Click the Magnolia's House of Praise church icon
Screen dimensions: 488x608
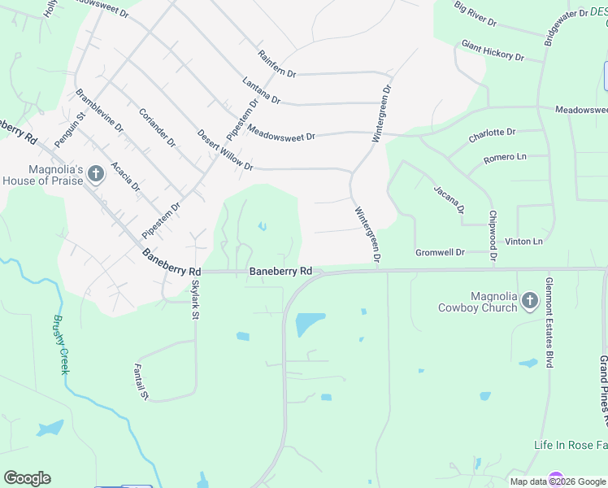pos(96,173)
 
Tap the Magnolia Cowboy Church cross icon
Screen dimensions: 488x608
pos(529,301)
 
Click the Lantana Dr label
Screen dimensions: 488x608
pos(261,90)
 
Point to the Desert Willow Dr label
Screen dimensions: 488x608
pos(225,150)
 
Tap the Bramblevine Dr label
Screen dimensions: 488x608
pos(99,111)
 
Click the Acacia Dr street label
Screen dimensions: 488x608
pos(125,176)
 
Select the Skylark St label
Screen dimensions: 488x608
pos(194,301)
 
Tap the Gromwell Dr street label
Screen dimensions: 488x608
pos(440,253)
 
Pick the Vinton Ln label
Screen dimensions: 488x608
pos(523,242)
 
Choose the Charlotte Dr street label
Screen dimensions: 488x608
pos(492,135)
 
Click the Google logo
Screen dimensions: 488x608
pos(27,478)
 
